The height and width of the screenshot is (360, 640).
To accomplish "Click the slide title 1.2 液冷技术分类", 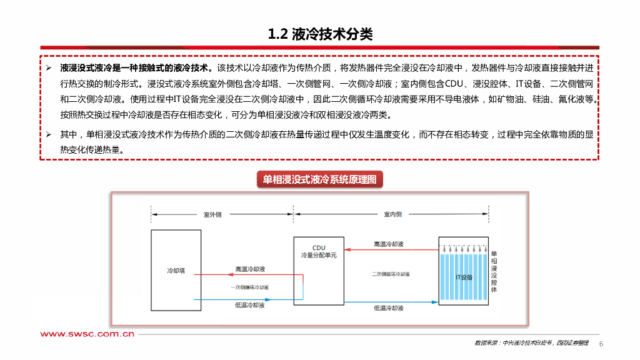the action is (x=320, y=34).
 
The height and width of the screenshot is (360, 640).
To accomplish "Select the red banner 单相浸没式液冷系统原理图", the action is (x=319, y=180).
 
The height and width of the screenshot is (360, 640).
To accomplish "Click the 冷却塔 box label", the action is (x=176, y=271).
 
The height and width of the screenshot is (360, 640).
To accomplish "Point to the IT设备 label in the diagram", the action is (x=464, y=277).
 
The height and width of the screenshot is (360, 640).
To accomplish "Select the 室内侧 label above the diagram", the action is (x=392, y=214).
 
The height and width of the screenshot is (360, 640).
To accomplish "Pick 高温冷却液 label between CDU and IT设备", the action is (x=388, y=244).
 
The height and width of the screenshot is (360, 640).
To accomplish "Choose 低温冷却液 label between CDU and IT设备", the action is (x=388, y=307).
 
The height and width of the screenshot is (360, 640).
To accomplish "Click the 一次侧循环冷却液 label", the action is (x=249, y=287).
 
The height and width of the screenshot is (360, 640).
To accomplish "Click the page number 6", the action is (x=601, y=344).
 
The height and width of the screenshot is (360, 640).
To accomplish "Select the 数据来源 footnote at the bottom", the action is (x=531, y=343).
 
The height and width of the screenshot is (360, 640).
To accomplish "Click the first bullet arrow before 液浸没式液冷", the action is (x=49, y=67).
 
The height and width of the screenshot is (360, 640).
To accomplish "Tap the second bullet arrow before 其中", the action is (x=49, y=134).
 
